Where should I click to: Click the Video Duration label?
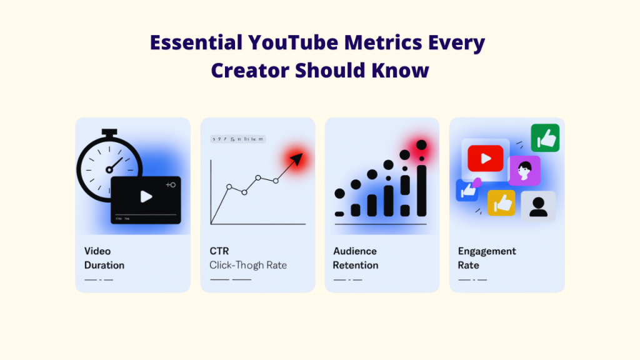point(104,258)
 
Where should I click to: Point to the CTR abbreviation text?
point(219,251)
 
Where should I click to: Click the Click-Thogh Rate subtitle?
point(248,265)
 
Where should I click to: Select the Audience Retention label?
point(355,258)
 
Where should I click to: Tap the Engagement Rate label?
point(487,258)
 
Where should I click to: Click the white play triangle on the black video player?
point(146,197)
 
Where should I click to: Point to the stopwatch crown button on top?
point(110,132)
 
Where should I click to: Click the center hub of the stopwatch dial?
point(110,169)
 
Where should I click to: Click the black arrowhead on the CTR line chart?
point(295,160)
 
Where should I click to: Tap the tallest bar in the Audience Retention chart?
point(422,190)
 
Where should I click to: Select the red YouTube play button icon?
point(485,158)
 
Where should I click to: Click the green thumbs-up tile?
point(545,138)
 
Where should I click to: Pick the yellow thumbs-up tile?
point(501,202)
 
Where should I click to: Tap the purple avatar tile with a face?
point(524,170)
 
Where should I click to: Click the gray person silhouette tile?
point(538,206)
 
